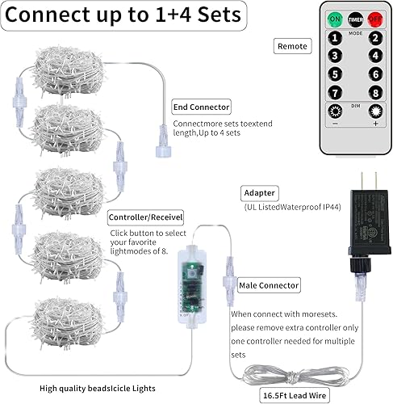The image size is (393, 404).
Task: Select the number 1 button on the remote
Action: (x=333, y=38)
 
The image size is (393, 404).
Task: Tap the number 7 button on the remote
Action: (x=333, y=92)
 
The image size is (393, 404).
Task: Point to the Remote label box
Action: (x=292, y=47)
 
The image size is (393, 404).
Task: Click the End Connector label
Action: (x=201, y=107)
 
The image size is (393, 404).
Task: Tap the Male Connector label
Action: (x=269, y=285)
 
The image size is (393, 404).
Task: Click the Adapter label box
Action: (x=260, y=194)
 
